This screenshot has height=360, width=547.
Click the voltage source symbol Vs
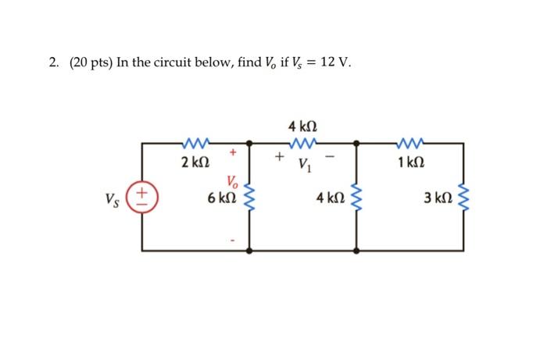pyautogui.click(x=142, y=196)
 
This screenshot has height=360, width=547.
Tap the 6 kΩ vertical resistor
pyautogui.click(x=250, y=197)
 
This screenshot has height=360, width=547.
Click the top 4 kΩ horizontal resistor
pyautogui.click(x=302, y=143)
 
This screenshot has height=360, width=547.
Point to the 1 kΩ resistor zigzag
pyautogui.click(x=409, y=143)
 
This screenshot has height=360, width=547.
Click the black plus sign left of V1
pyautogui.click(x=277, y=156)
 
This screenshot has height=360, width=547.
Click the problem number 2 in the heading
pyautogui.click(x=52, y=63)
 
